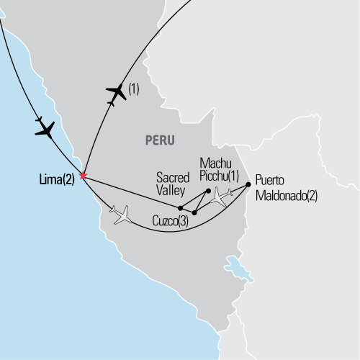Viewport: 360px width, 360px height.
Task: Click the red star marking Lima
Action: [x=84, y=175]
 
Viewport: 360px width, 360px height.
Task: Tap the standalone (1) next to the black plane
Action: [x=135, y=89]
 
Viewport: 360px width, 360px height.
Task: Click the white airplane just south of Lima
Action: [x=121, y=213]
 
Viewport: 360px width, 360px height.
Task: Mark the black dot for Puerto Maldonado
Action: [x=248, y=184]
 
